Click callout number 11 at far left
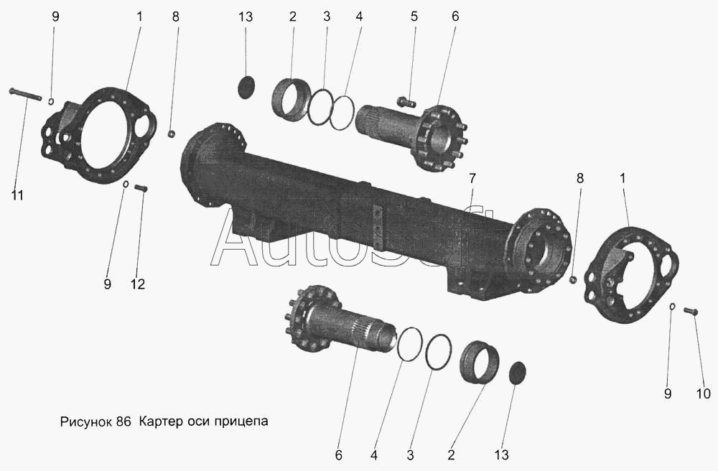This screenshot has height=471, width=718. [x=17, y=195]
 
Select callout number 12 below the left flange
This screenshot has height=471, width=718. [x=137, y=284]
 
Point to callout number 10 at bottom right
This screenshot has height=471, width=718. [x=704, y=393]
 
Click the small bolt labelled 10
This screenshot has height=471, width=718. [x=691, y=312]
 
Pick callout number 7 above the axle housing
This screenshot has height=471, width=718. [x=472, y=177]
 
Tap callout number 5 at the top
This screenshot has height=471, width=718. [x=414, y=17]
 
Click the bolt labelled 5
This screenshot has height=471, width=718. [x=406, y=102]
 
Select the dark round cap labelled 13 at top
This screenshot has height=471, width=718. [x=247, y=87]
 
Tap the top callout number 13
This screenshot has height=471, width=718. [x=246, y=17]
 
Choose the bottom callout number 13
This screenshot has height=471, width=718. [x=501, y=454]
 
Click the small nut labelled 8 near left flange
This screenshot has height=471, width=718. [x=172, y=134]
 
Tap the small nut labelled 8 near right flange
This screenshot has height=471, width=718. [x=572, y=279]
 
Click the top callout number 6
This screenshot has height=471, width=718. [x=454, y=17]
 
